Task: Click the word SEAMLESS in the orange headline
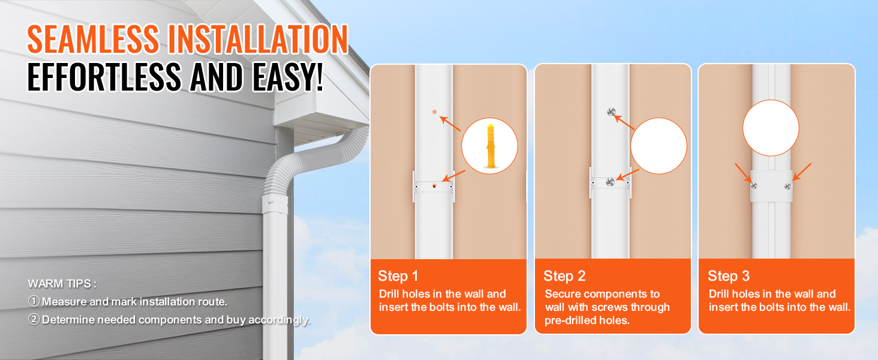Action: pos(94,38)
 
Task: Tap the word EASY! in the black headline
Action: pos(288,77)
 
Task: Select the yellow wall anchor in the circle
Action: pos(491,146)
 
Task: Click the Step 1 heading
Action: pos(398,276)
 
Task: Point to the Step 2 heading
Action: pos(564,276)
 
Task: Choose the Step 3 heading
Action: pos(729,276)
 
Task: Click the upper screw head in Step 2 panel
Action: pos(611,112)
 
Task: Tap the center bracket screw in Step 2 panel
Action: pos(611,182)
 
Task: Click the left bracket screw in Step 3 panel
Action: pos(754,186)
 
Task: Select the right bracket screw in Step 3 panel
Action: pos(788,186)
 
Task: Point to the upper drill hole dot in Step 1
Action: pos(434,112)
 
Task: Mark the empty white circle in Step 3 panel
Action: pos(771,128)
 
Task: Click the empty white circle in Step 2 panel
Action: pos(659,146)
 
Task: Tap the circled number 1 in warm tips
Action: pos(34,301)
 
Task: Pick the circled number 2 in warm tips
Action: pos(34,319)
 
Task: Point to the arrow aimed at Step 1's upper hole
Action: pos(450,123)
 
